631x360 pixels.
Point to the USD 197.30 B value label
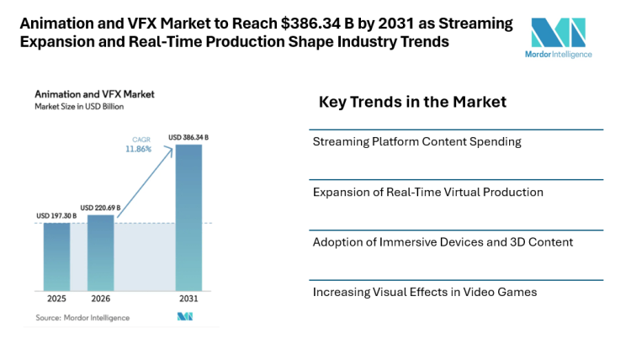(x=56, y=216)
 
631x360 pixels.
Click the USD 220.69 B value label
(x=100, y=207)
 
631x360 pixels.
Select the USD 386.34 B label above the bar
(x=188, y=137)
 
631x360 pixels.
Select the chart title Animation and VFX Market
(x=82, y=94)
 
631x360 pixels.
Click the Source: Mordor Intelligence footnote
(x=82, y=317)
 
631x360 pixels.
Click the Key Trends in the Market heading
(x=412, y=103)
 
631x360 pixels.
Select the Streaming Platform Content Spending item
(x=416, y=141)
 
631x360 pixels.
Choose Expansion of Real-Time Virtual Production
(x=427, y=192)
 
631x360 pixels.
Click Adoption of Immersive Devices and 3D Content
(x=443, y=242)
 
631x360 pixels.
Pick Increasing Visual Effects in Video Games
(x=424, y=292)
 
